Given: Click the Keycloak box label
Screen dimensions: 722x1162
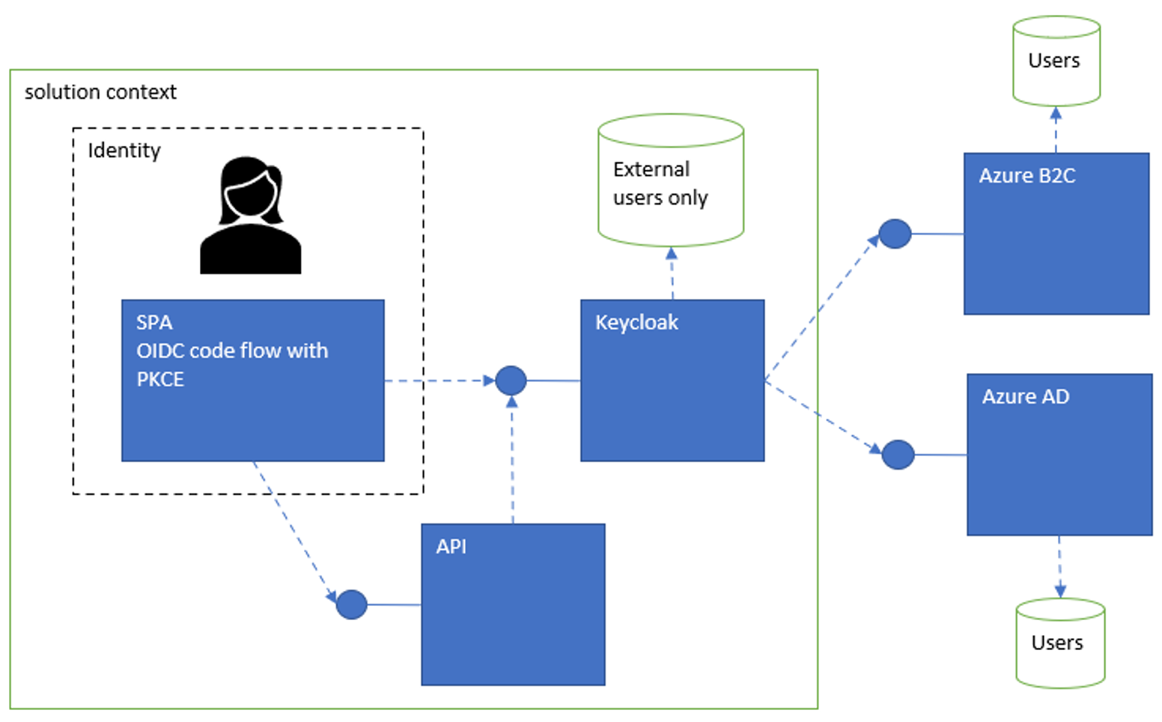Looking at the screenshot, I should click(x=636, y=323).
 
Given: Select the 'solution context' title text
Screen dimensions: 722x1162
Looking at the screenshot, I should click(x=100, y=92).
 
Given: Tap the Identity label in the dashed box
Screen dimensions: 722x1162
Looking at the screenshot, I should click(x=124, y=151).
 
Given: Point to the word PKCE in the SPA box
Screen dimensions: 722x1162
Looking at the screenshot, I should click(x=160, y=380).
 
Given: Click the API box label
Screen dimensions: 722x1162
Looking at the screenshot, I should click(x=451, y=547).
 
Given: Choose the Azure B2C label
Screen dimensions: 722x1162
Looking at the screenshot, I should click(x=1026, y=176).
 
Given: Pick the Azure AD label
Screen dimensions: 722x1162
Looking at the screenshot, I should click(x=1025, y=397).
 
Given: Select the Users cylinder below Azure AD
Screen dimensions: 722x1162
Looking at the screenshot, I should click(x=1059, y=643).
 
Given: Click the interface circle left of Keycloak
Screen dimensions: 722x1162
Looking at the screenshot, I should click(x=511, y=380).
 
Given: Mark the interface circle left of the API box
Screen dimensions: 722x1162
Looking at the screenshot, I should click(x=352, y=604).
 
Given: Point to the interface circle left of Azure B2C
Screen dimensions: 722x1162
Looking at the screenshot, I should click(x=895, y=234).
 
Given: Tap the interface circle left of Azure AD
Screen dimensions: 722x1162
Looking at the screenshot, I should click(x=898, y=455).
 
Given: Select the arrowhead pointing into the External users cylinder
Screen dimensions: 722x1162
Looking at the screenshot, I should click(x=672, y=254).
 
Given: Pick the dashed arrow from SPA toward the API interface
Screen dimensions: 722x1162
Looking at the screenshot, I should click(x=293, y=531).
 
